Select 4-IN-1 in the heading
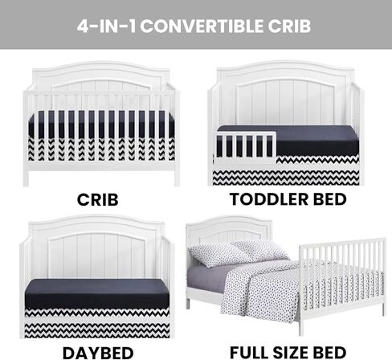coord(107,27)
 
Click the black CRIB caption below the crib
coord(98,200)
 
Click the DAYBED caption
coord(98,353)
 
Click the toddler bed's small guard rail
coord(245,148)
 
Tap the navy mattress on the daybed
coord(97,293)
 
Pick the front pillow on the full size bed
coord(219,255)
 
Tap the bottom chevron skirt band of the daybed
coord(97,330)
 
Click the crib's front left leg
coord(26,178)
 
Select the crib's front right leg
coord(177,178)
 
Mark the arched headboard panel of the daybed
coord(97,256)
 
